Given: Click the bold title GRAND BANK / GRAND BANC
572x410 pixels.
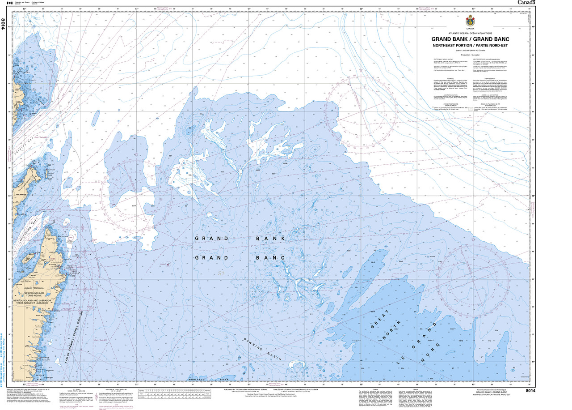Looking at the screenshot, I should (x=470, y=39).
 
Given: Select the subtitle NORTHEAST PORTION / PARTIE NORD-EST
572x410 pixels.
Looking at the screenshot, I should (x=470, y=46).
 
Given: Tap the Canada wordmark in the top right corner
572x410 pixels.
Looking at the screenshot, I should (x=527, y=3).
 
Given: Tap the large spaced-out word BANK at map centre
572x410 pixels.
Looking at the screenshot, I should (x=270, y=239).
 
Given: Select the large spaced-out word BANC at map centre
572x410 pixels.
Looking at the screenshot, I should (x=270, y=258).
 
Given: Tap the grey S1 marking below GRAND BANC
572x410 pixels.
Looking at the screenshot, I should (x=221, y=273).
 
